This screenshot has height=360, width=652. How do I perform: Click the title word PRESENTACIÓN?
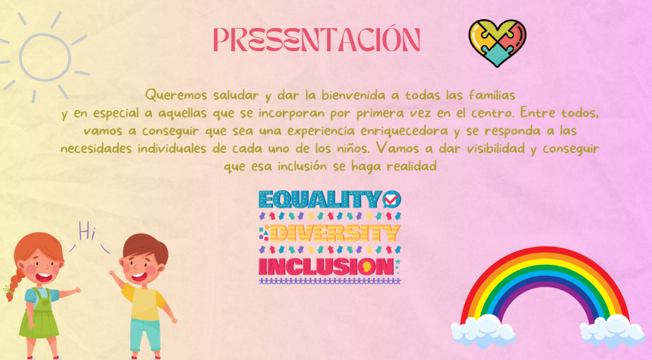[317, 40]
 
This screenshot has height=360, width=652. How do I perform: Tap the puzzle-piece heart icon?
[497, 42]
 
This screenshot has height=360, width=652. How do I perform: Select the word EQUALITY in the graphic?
[320, 199]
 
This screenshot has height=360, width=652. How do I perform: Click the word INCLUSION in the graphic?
[326, 267]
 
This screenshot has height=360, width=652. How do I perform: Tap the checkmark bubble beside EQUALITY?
[392, 199]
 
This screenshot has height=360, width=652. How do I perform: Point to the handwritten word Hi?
[87, 232]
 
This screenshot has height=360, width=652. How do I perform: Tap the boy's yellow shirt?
[144, 302]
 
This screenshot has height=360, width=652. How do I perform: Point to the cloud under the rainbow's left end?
[483, 331]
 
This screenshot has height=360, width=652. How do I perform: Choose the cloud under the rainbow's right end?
[612, 331]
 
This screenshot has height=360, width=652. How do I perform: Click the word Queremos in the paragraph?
[176, 96]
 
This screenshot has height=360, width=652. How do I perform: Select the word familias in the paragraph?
[492, 95]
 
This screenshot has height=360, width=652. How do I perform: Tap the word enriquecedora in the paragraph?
[404, 131]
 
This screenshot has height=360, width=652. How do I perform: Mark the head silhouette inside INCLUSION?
[366, 267]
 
